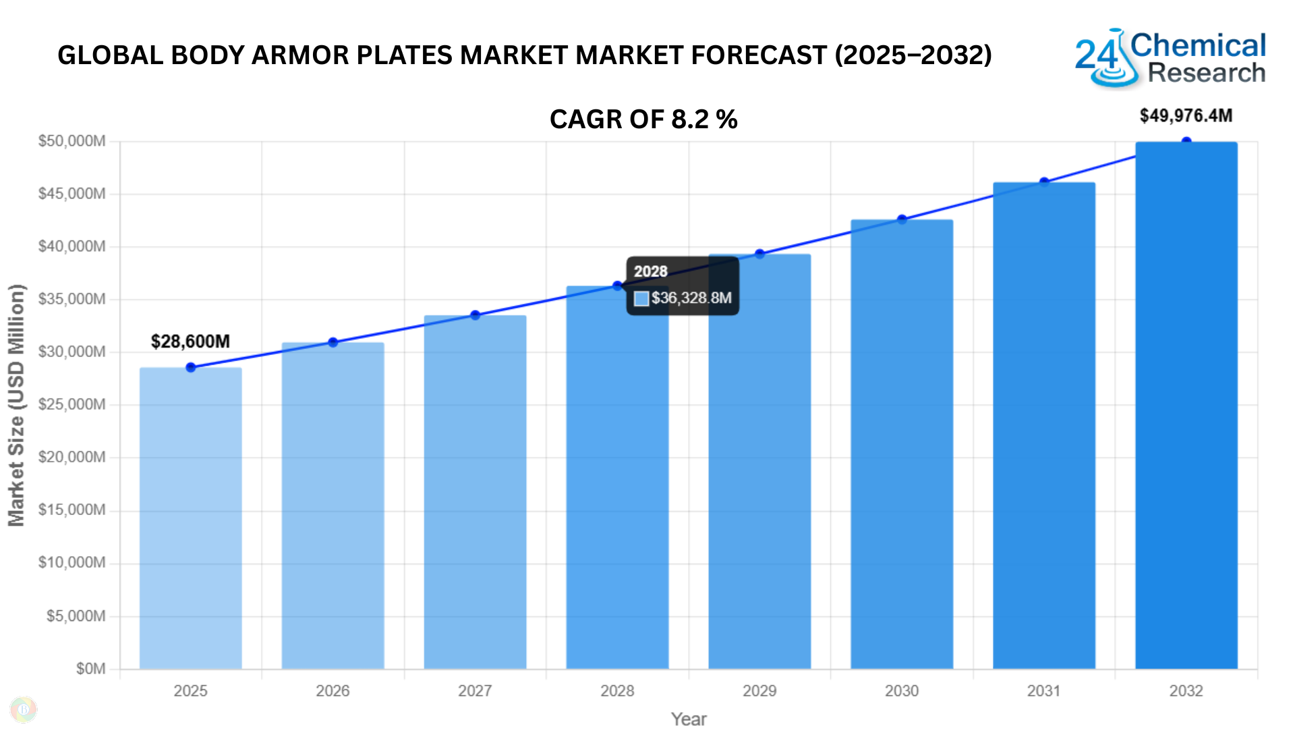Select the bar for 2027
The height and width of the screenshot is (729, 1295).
(475, 493)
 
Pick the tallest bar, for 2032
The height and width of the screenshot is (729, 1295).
(1186, 405)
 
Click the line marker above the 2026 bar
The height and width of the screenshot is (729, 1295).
(333, 342)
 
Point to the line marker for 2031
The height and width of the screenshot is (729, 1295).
(1044, 182)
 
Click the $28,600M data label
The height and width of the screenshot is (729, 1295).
(190, 342)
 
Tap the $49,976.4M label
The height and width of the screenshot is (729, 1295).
(1186, 116)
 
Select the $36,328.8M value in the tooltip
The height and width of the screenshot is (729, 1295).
(691, 298)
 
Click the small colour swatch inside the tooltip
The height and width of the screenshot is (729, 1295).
(641, 298)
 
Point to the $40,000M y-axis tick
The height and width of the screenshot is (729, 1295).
(71, 246)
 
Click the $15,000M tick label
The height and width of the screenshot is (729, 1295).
(71, 510)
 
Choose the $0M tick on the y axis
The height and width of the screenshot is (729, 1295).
(90, 669)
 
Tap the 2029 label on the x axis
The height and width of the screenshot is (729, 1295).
(759, 691)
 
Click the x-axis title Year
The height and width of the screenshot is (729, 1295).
(689, 719)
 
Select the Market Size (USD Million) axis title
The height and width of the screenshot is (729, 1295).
(16, 405)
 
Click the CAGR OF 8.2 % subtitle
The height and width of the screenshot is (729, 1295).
(643, 119)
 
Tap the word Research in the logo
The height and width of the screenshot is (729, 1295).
(1206, 73)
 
